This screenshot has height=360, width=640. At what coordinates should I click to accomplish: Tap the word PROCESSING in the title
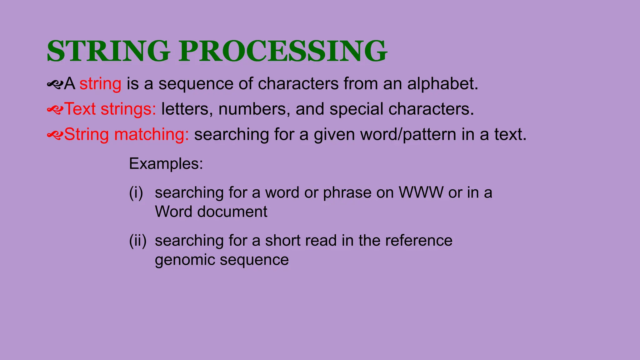[x=283, y=51]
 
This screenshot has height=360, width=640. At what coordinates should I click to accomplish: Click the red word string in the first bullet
[x=100, y=84]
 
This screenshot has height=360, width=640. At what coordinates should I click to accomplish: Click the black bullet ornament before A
[x=55, y=84]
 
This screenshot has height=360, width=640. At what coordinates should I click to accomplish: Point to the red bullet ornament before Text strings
[x=55, y=109]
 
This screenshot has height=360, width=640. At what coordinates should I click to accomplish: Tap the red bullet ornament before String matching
[x=55, y=135]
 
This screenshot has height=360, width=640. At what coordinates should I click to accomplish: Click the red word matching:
[x=152, y=135]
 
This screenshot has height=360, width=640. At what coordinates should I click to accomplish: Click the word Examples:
[x=166, y=164]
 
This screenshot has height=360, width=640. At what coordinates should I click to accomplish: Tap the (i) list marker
[x=136, y=193]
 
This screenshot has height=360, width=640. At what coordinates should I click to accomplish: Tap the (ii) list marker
[x=138, y=241]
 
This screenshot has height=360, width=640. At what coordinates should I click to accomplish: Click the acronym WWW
[x=421, y=193]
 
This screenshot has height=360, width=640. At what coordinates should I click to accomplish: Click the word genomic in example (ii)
[x=184, y=260]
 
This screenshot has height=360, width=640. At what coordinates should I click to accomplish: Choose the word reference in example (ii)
[x=418, y=241]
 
